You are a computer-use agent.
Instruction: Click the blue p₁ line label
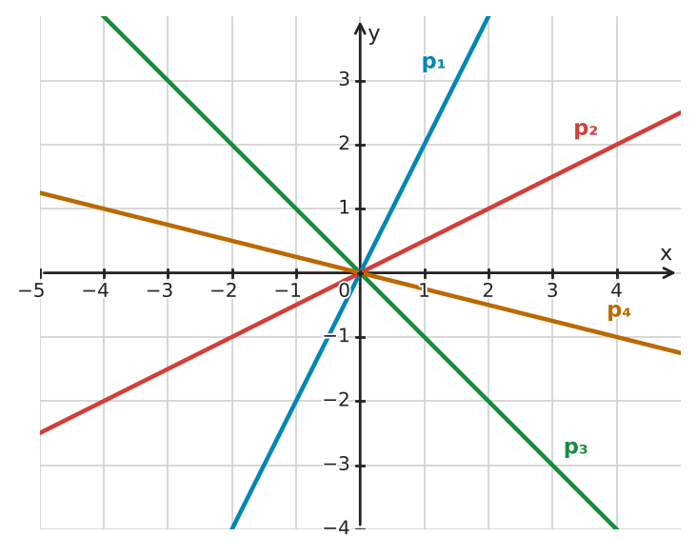[433, 63]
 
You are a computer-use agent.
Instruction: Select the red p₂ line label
[586, 129]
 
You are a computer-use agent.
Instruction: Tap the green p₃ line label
[576, 448]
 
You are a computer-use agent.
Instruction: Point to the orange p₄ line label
[619, 311]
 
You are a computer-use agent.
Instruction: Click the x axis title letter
[666, 254]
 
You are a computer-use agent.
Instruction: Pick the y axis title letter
[374, 34]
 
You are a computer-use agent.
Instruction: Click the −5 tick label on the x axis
[31, 290]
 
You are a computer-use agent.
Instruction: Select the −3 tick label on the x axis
[160, 290]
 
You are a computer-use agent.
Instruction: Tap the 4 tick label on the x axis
[616, 290]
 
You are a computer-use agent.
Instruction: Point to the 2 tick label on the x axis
[488, 290]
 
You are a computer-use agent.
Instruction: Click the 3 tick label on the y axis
[344, 80]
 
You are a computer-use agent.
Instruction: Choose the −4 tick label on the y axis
[336, 528]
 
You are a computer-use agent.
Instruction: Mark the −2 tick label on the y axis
[336, 401]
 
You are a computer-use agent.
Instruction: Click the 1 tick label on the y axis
[344, 208]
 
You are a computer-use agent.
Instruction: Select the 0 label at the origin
[344, 290]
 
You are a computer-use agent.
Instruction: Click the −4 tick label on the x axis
[95, 290]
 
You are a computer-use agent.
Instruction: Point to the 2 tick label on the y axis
[344, 144]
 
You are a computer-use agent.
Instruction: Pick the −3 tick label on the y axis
[336, 465]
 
